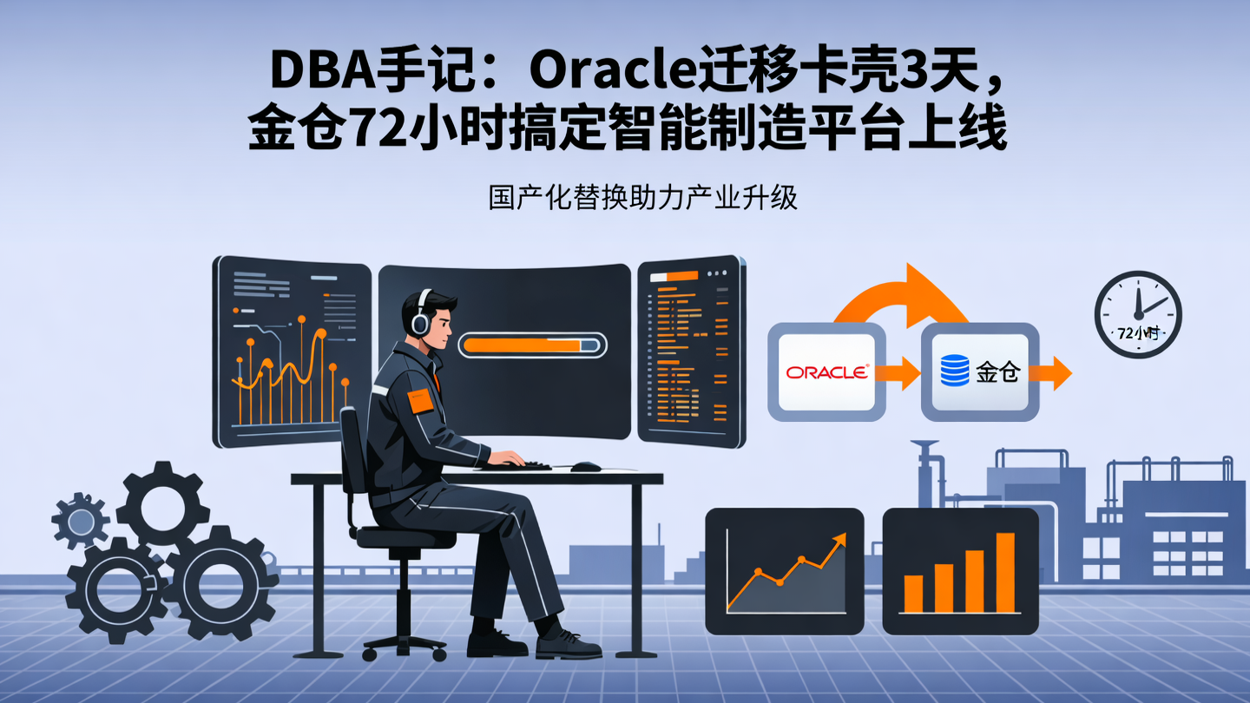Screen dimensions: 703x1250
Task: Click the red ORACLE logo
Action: pos(826,372)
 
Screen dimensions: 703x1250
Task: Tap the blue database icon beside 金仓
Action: pos(955,372)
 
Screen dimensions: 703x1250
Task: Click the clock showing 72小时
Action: pos(1137,314)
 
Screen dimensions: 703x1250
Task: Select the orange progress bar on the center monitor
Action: pos(531,345)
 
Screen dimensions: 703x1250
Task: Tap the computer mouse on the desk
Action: pos(586,467)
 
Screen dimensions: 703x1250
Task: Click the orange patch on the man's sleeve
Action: pos(420,400)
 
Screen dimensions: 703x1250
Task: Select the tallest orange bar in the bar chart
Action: pos(1005,573)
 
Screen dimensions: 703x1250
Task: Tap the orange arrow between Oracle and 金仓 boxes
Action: pos(898,373)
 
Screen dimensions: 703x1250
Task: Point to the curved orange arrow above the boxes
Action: pos(903,295)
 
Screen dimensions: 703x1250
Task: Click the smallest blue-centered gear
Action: pos(81,521)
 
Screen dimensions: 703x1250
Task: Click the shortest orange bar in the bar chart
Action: pos(913,594)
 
